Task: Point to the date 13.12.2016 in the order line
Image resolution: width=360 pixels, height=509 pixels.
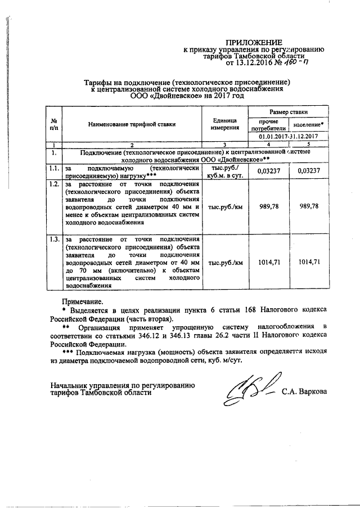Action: point(262,62)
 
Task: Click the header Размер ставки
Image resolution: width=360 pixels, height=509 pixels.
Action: point(286,113)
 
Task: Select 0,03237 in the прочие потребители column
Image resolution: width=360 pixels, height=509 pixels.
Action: point(268,171)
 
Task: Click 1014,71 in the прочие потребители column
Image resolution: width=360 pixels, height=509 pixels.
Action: point(268,262)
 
